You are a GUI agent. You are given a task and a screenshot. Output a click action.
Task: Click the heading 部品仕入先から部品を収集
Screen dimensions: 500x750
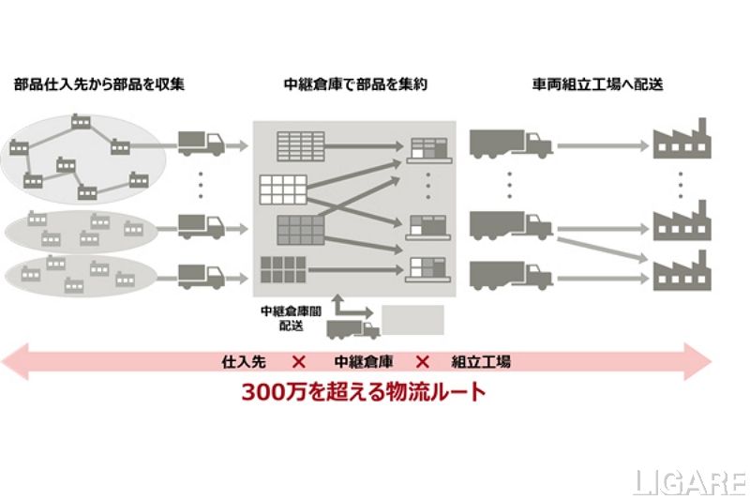[x=99, y=84]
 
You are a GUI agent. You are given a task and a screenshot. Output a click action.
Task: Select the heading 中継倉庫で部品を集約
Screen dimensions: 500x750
[x=355, y=84]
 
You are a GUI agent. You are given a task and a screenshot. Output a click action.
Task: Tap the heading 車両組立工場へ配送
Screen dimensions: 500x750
[x=597, y=84]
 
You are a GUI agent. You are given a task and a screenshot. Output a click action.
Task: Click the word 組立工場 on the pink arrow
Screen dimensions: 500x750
[x=481, y=361]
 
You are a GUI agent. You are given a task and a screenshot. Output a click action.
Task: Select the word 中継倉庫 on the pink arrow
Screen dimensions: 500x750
[x=362, y=361]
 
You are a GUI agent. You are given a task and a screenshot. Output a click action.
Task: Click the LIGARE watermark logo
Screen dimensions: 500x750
[x=691, y=482]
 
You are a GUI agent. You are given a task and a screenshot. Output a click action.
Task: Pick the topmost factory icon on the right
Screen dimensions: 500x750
[x=682, y=140]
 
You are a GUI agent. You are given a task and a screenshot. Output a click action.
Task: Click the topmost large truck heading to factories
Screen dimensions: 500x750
[x=511, y=143]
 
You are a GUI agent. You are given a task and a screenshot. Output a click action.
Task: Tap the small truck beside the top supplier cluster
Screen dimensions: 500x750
[x=202, y=143]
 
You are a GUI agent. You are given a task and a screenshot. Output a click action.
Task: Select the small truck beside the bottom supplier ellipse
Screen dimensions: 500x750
[x=202, y=275]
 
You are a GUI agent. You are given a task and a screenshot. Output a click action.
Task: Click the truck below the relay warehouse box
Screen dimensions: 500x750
[x=352, y=327]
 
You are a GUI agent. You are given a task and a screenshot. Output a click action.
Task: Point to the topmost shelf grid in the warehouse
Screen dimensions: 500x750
[x=298, y=145]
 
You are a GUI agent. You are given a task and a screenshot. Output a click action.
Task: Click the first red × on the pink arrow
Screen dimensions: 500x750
[x=299, y=361]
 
